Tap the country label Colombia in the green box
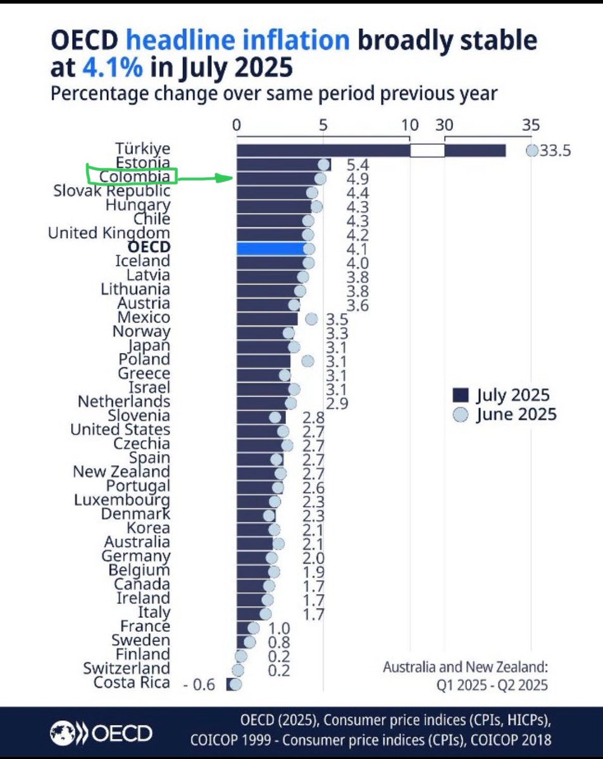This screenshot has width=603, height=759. (134, 176)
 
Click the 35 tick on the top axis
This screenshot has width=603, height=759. (530, 125)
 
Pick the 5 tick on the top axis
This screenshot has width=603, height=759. (323, 125)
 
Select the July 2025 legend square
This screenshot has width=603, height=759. (461, 396)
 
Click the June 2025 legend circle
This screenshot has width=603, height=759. (461, 414)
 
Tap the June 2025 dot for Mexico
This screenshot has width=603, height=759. (311, 319)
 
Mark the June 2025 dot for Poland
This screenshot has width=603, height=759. (308, 361)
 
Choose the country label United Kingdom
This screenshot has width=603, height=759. (109, 233)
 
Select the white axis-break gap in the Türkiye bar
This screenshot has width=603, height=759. (427, 151)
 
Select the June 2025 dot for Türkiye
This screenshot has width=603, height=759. (532, 151)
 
